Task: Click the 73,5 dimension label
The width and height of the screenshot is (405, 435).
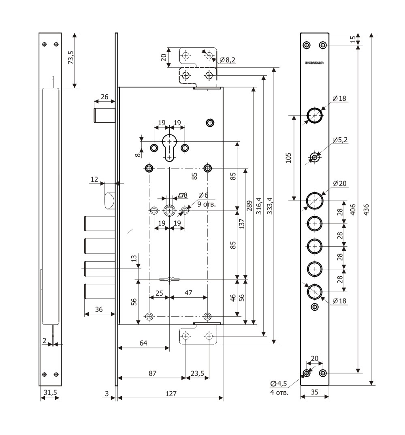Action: point(71,58)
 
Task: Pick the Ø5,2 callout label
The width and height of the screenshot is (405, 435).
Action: point(340,140)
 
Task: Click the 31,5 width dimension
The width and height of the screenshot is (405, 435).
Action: point(49,392)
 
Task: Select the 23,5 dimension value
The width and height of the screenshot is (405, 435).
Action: point(197,372)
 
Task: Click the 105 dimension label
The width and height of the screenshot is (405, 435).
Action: point(288,157)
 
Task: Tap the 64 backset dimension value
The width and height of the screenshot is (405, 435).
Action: point(143,343)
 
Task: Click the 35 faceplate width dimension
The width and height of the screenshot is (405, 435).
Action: point(314,392)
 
